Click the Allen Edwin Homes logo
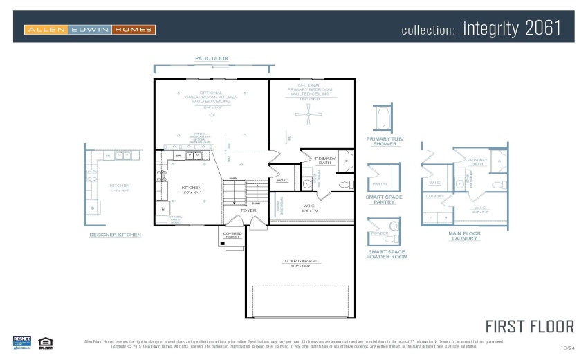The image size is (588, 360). [90, 30]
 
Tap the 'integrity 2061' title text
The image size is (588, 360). [512, 29]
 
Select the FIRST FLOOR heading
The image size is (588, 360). [529, 326]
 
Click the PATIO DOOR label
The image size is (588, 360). [211, 59]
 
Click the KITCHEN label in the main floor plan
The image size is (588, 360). [191, 188]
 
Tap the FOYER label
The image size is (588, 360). [248, 210]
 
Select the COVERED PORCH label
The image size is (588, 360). [232, 235]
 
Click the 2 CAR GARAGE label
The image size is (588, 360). [300, 261]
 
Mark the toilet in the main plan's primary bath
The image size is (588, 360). [344, 184]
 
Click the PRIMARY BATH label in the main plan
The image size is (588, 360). [325, 161]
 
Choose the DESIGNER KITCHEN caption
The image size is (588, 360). [115, 235]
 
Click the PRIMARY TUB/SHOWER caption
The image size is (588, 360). [385, 141]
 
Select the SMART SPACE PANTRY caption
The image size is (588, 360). [384, 199]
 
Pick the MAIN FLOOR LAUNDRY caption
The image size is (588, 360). [464, 236]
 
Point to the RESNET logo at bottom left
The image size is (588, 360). [22, 341]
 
